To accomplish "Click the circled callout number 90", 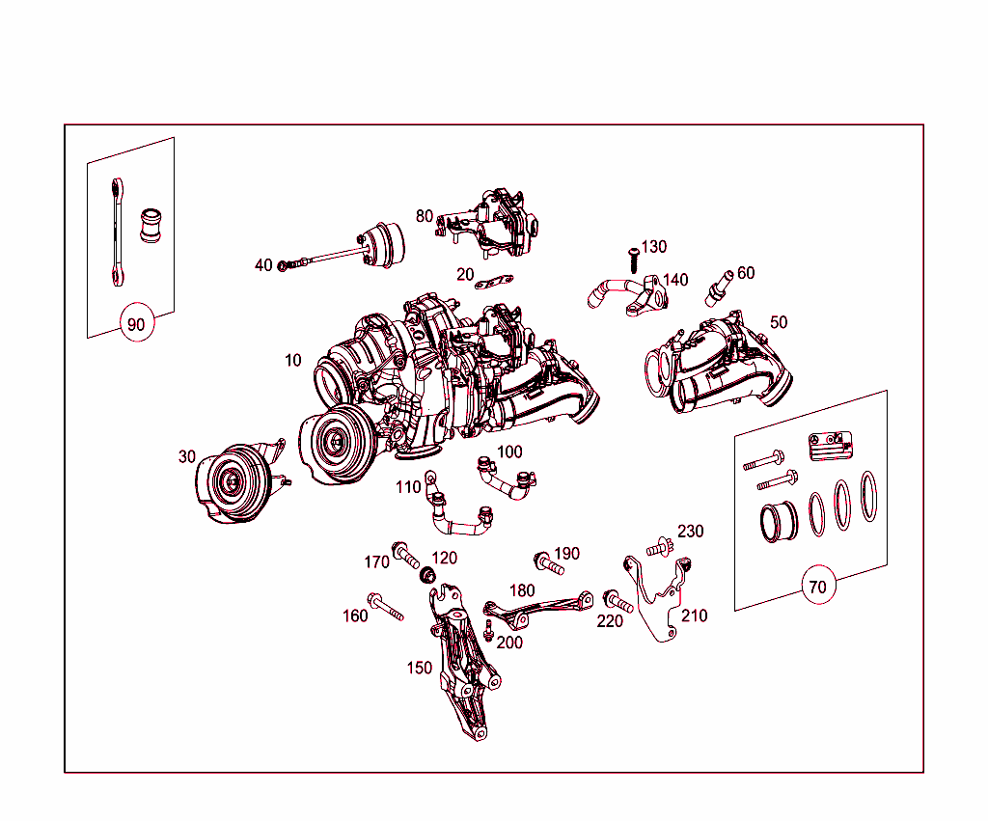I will tap(136, 324).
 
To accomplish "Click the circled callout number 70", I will tap(817, 586).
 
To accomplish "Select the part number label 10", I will tap(292, 360).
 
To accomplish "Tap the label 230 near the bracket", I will tap(690, 531).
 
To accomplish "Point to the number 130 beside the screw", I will tap(653, 247).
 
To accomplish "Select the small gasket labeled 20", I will tap(496, 283).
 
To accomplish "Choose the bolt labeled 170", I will tap(404, 556).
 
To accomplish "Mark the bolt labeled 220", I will tap(617, 603).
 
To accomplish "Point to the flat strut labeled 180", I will tap(535, 609).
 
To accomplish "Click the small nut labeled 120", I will tap(426, 577).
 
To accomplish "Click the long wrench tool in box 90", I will tap(115, 232).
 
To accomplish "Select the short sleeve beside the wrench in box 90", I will tap(151, 226).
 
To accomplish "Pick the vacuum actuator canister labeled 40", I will tap(380, 241).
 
